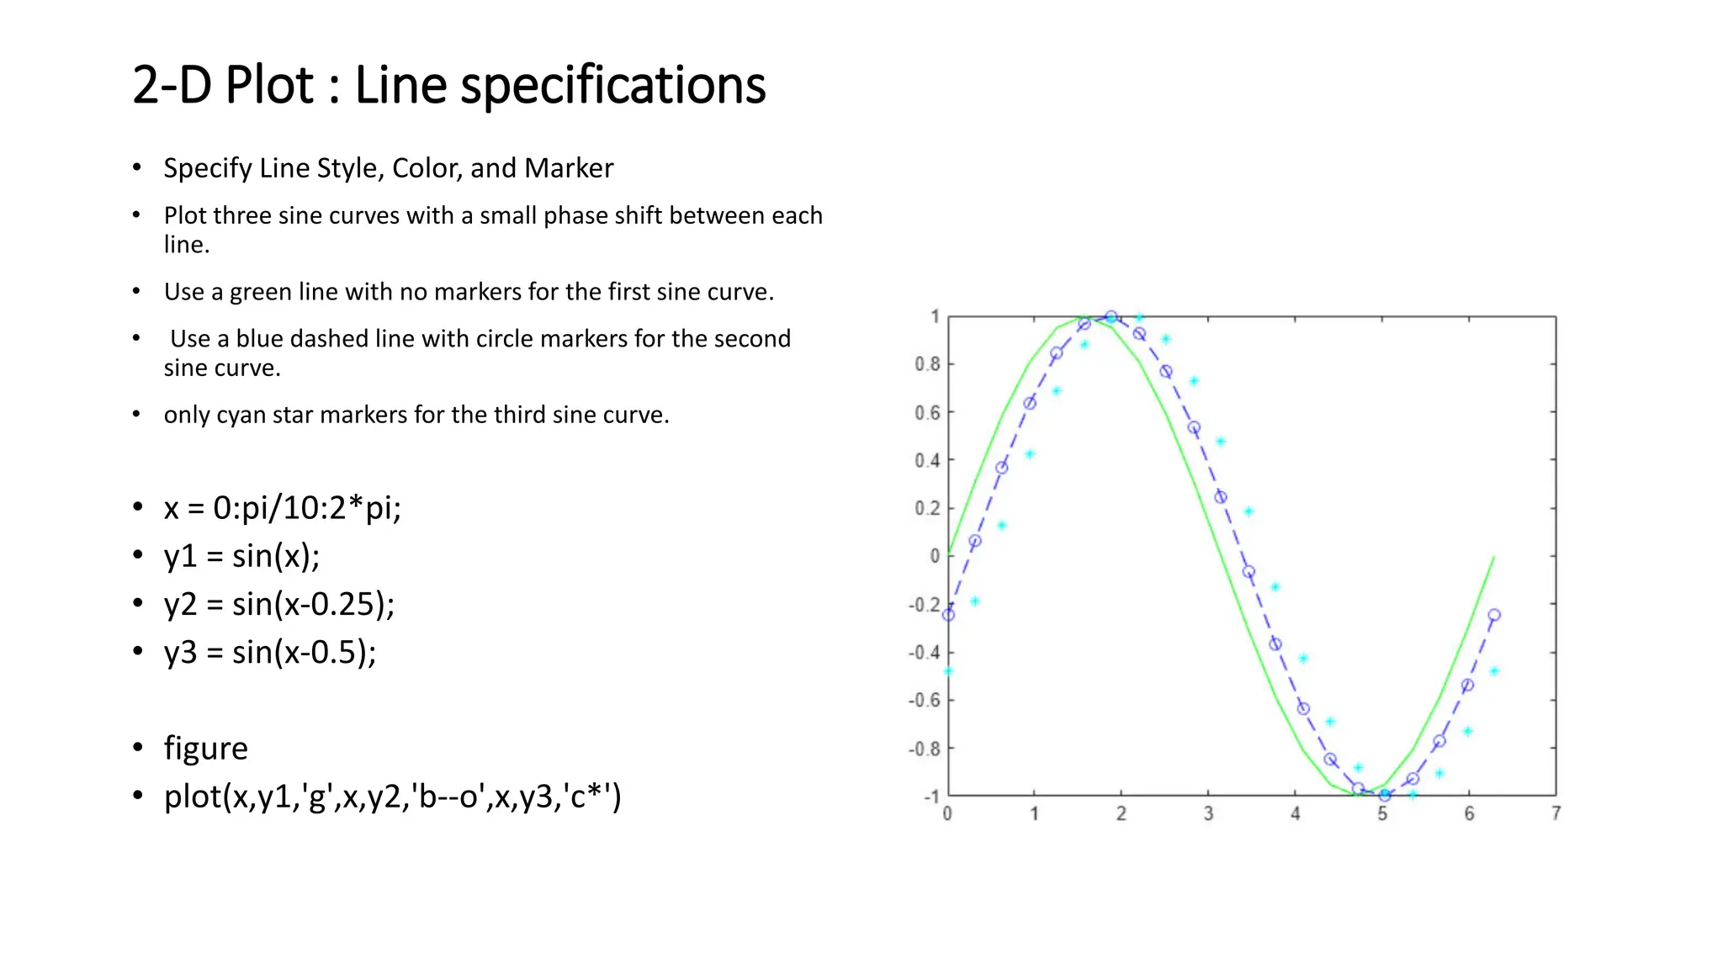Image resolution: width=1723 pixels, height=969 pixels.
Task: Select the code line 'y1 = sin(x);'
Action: (x=241, y=556)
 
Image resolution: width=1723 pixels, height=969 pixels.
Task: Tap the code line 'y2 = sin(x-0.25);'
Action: (x=278, y=604)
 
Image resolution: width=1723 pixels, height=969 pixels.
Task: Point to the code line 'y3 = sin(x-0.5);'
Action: (x=269, y=653)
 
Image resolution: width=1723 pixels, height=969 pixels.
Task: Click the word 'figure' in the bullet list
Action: (x=205, y=749)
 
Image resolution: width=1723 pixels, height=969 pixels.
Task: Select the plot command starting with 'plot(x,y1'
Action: (x=392, y=797)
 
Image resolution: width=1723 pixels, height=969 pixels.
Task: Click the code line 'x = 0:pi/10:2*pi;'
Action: (x=282, y=508)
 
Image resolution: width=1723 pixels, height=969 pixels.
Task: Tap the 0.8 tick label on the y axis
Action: (x=927, y=364)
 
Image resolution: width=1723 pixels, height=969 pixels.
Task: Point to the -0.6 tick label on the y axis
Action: (x=924, y=701)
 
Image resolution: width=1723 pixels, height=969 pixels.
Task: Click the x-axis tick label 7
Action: (x=1556, y=813)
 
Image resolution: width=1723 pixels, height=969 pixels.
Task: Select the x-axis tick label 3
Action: (x=1208, y=813)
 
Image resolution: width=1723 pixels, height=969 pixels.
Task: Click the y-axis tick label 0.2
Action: (x=927, y=508)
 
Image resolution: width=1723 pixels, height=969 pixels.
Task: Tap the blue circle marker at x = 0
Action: (x=948, y=615)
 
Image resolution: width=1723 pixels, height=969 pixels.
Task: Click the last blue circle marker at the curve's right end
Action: (x=1494, y=615)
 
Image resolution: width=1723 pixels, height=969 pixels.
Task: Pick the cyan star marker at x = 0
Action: (x=948, y=671)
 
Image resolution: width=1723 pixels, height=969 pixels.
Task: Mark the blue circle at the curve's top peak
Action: (x=1111, y=317)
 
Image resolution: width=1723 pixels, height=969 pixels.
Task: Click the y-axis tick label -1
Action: (x=931, y=797)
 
